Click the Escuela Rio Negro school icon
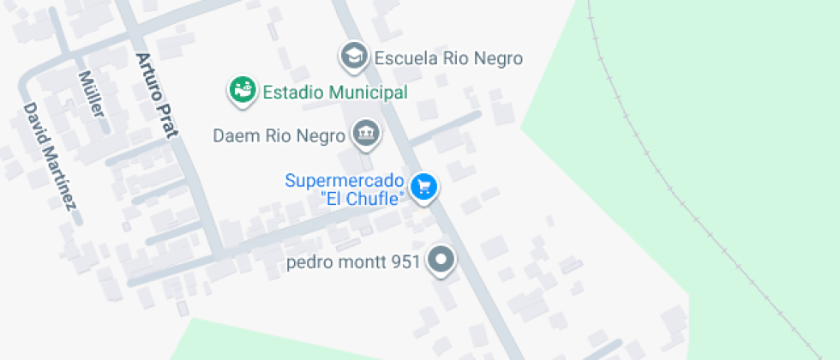tap(353, 57)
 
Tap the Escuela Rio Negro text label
tap(448, 59)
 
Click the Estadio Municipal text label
tap(334, 92)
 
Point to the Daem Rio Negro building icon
tap(367, 134)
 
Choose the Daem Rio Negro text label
tap(279, 135)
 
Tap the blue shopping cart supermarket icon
tap(423, 186)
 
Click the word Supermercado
tap(344, 181)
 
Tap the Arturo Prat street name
tap(156, 94)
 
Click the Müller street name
tap(90, 93)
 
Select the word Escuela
tap(405, 59)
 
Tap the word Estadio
tap(291, 92)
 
